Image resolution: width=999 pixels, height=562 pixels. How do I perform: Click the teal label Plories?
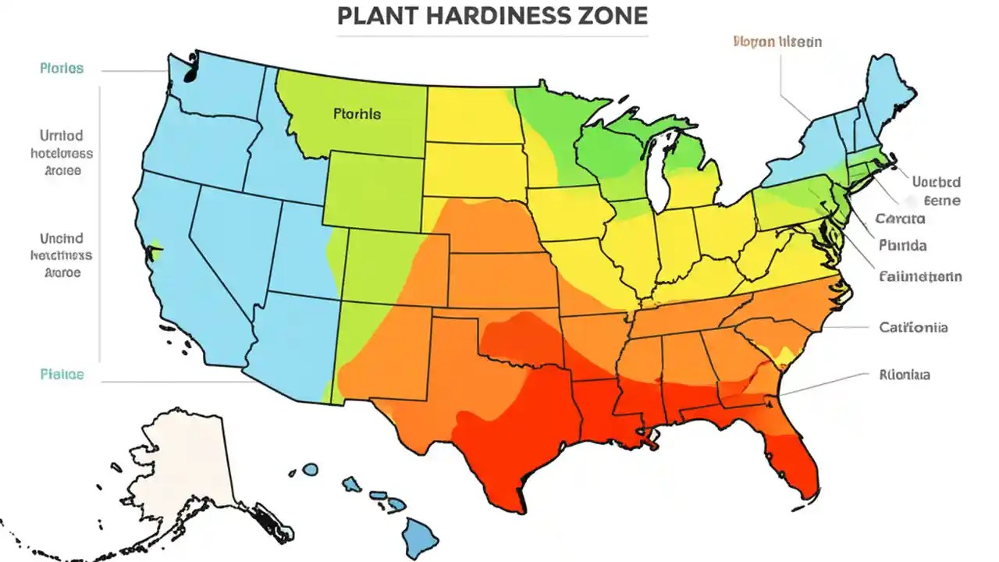point(61,69)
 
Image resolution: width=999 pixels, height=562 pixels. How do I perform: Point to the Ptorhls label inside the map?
point(357,114)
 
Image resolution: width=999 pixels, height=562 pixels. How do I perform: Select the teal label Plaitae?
point(61,374)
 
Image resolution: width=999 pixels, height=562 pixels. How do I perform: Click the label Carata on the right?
point(900,219)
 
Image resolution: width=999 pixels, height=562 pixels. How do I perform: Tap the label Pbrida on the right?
point(902,246)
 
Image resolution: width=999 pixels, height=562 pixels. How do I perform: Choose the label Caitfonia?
point(913,328)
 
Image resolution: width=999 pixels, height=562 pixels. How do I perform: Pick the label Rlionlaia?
point(904,375)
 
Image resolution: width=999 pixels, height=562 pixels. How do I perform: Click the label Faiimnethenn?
point(919,276)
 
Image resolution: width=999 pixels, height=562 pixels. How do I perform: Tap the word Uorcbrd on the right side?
point(936,183)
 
